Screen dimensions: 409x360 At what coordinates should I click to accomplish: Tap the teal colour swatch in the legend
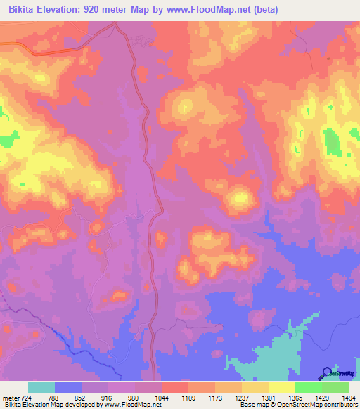[41, 387]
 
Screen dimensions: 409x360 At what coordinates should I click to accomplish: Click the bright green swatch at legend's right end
[335, 387]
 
